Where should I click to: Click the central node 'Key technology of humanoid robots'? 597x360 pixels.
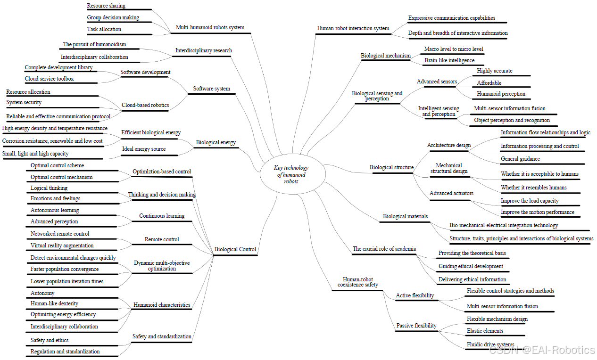(291, 174)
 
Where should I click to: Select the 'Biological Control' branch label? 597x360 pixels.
(235, 249)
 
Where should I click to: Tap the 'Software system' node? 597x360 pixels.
(212, 89)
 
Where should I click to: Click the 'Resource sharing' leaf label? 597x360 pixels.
(106, 6)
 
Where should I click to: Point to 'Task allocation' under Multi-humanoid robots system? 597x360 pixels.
(104, 29)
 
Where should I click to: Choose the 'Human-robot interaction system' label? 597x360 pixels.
(353, 28)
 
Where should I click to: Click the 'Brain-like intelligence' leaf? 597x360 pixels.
(449, 60)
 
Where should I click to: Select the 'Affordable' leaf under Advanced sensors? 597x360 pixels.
(489, 83)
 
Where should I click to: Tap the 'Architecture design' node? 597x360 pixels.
(448, 145)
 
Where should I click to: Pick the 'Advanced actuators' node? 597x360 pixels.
(451, 193)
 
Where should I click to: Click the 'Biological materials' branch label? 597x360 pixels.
(405, 216)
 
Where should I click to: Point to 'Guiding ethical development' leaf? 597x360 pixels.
(471, 266)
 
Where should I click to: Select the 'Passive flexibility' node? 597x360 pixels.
(416, 326)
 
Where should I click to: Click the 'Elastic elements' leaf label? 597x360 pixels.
(485, 331)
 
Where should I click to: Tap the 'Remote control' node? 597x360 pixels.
(162, 239)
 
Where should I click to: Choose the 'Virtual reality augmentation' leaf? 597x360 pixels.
(62, 245)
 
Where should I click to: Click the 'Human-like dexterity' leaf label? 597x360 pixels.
(54, 303)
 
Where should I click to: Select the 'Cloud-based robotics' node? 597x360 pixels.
(145, 105)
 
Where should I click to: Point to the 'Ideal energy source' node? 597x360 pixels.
(144, 149)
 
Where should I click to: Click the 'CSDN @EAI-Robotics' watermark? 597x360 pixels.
(542, 350)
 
